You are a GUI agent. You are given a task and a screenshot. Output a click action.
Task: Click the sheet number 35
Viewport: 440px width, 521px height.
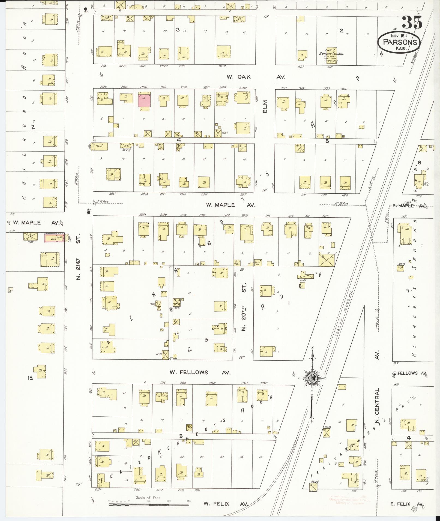click(412, 22)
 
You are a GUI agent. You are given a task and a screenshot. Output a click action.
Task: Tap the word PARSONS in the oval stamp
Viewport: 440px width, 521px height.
click(400, 42)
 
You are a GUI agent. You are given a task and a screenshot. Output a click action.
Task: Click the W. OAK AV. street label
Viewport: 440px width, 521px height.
click(256, 77)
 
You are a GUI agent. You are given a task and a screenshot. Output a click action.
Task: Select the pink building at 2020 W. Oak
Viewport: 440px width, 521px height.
click(144, 100)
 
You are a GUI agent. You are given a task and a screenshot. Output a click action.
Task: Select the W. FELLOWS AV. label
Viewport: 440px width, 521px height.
click(200, 372)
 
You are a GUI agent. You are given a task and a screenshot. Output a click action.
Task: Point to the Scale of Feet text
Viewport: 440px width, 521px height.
click(148, 498)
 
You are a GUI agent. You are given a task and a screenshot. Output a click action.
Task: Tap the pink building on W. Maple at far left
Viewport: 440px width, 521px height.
click(54, 238)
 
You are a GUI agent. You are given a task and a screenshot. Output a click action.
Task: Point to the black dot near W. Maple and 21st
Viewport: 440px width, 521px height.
click(88, 213)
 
